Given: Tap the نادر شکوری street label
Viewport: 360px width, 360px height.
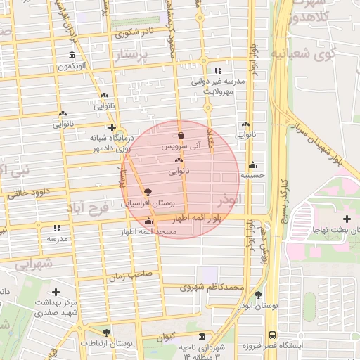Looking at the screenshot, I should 137,32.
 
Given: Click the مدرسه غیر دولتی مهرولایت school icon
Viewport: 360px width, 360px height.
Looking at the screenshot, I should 219,71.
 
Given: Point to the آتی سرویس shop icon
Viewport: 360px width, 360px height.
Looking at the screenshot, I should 181,135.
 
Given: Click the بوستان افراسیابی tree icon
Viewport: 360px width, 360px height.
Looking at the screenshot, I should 147,191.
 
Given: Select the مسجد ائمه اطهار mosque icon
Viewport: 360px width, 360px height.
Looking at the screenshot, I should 148,223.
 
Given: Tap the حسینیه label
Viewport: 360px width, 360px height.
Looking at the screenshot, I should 252,176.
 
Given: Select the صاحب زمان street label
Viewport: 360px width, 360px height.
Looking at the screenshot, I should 127,277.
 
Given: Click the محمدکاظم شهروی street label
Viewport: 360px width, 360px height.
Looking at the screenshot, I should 210,288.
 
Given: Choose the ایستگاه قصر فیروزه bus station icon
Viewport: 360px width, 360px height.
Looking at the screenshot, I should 272,335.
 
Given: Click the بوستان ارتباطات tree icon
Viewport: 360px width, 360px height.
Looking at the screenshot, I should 106,332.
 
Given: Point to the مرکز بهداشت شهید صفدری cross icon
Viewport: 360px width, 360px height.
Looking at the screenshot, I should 56,291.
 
